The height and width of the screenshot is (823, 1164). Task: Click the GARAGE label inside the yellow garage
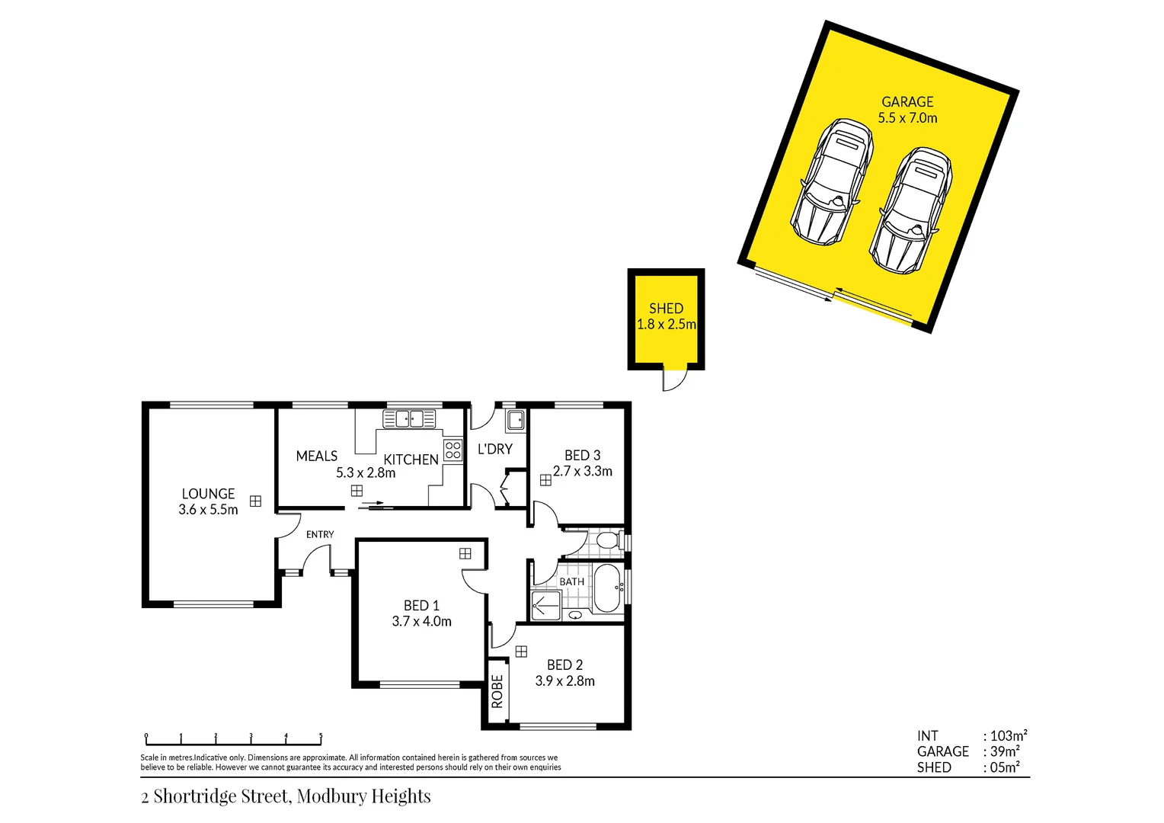[907, 102]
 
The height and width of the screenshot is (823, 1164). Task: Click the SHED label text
[666, 309]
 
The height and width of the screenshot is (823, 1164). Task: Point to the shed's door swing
[674, 379]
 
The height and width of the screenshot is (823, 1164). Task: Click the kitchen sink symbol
[409, 418]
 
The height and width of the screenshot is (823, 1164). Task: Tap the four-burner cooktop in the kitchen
[452, 450]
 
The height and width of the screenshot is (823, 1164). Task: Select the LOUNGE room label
[208, 494]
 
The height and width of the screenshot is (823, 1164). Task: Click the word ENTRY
[320, 534]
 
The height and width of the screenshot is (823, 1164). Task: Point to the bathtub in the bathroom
[607, 588]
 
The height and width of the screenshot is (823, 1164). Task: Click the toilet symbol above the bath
[607, 541]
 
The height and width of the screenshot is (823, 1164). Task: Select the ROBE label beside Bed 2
[497, 691]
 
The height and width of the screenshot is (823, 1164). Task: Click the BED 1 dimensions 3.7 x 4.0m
[421, 622]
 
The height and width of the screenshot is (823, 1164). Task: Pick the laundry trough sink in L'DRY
[516, 420]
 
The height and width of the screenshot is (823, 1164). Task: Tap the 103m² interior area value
[1008, 735]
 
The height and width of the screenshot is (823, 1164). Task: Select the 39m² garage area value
[1005, 751]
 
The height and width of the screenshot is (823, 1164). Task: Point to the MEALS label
[316, 456]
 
